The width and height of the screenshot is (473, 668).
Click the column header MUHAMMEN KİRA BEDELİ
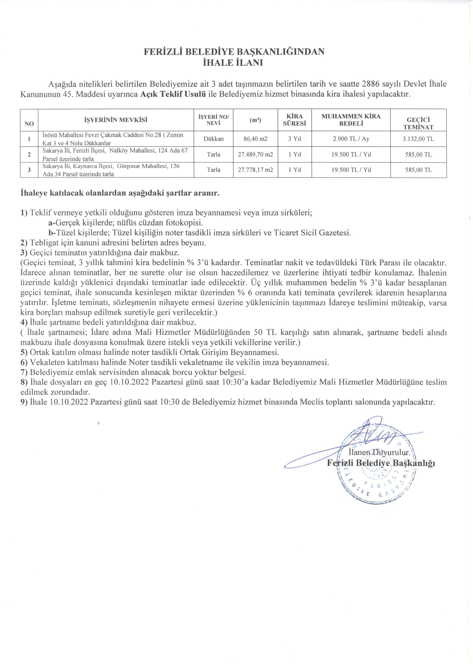351,120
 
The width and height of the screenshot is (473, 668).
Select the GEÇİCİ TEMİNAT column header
418,124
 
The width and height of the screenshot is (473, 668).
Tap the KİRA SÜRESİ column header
294,120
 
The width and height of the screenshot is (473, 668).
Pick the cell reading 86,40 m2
255,139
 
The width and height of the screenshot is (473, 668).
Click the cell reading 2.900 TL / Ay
351,139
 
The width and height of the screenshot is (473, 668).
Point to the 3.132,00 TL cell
418,139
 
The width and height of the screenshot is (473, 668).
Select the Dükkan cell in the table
213,139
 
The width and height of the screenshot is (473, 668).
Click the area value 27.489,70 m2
255,155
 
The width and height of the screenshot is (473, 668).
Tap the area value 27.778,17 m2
255,170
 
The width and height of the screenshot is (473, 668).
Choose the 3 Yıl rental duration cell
294,139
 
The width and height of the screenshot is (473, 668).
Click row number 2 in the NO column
29,155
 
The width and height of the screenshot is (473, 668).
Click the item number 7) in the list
24,372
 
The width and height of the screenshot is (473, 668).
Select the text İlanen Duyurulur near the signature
379,453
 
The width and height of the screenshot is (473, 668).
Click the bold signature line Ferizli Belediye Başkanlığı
381,463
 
